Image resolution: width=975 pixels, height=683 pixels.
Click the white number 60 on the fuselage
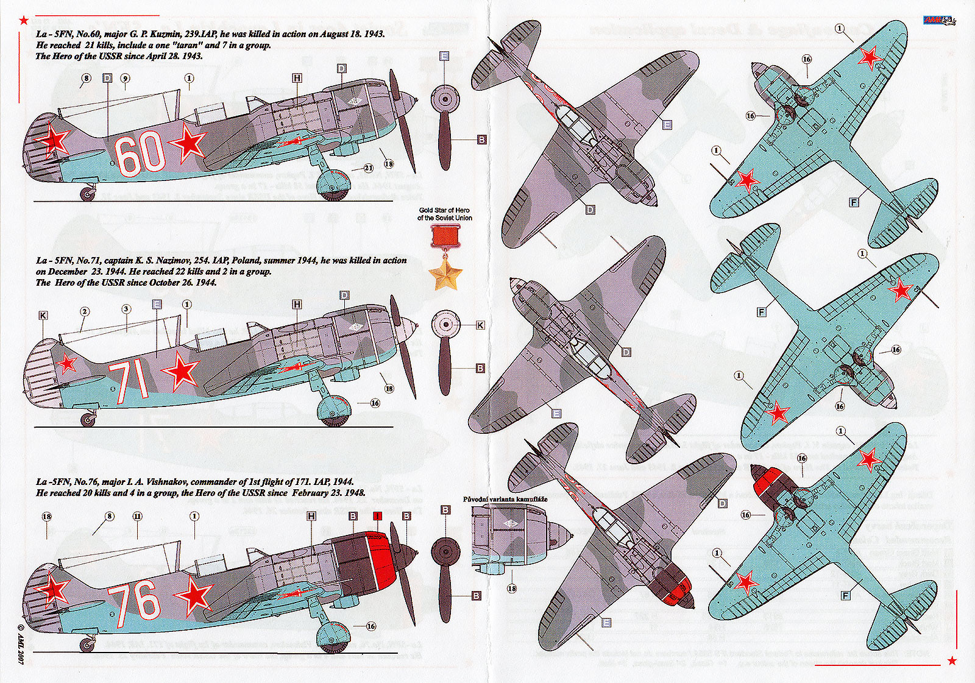[x=140, y=154]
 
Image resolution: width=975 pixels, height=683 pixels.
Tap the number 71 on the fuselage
[x=129, y=381]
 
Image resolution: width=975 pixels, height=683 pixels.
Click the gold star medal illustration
[x=444, y=274]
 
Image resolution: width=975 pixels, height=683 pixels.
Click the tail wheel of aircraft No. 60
[x=88, y=194]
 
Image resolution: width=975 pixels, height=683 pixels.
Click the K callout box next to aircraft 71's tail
[x=43, y=316]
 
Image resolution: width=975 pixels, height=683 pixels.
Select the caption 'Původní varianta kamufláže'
[x=505, y=500]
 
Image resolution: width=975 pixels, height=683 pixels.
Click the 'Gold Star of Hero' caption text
[x=444, y=214]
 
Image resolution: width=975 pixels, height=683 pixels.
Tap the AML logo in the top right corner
[x=939, y=21]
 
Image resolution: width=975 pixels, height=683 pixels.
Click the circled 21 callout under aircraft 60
[x=368, y=168]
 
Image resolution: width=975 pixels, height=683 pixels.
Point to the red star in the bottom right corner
[x=952, y=660]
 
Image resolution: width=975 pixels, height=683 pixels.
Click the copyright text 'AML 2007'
[x=20, y=645]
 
